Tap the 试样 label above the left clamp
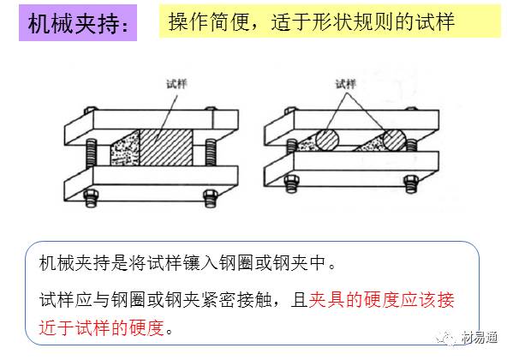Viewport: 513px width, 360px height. point(176,84)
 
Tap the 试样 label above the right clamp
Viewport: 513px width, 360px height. point(345,84)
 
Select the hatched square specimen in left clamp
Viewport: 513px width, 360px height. point(166,147)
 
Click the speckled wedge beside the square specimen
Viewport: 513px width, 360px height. point(126,149)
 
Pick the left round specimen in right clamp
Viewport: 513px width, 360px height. point(327,140)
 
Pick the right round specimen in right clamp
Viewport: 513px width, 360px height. point(394,141)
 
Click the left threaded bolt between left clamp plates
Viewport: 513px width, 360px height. point(92,153)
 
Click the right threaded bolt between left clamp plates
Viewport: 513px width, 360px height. point(211,153)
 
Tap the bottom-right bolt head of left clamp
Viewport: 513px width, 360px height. point(210,198)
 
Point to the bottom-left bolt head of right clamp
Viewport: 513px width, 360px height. point(292,183)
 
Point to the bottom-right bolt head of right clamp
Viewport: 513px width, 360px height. point(411,183)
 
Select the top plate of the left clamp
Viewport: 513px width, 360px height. point(151,125)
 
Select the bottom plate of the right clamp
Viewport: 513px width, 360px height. point(351,170)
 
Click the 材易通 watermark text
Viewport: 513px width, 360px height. point(480,337)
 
